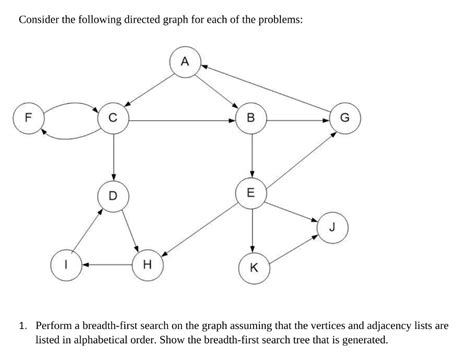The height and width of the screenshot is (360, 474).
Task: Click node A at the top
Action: [184, 63]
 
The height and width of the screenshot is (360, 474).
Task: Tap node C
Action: [113, 119]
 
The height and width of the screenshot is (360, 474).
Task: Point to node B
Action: [251, 119]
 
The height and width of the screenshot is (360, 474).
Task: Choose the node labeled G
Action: [345, 119]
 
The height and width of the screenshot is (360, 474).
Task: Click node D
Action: [113, 195]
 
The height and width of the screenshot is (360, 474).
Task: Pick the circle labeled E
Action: [251, 192]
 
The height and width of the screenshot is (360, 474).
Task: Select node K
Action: [253, 267]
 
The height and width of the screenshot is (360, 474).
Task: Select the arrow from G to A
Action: [270, 89]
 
